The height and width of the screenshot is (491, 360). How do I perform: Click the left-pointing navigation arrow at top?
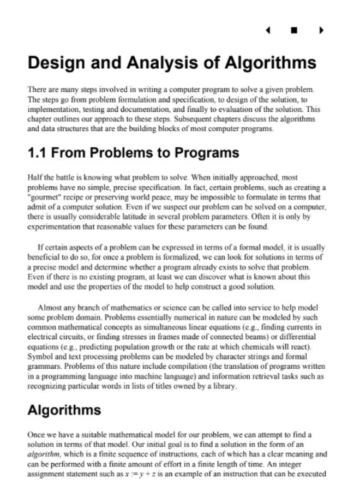coord(268,29)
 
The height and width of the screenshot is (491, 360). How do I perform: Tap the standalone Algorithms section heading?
coord(64,410)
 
